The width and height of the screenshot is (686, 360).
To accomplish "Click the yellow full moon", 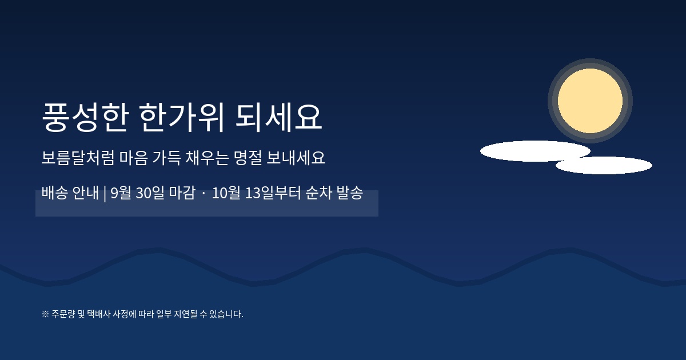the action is click(590, 101).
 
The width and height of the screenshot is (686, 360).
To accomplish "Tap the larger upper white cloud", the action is click(535, 151).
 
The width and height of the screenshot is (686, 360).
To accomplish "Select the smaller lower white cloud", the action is click(604, 165).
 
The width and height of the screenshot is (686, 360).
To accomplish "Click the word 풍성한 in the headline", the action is click(85, 117).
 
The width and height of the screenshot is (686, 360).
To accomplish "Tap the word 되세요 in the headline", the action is click(279, 117).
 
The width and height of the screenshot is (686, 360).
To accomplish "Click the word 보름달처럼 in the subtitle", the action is click(78, 158).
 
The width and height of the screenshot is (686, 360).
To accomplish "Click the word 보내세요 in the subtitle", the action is click(296, 158).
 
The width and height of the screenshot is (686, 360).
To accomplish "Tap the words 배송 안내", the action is click(70, 193).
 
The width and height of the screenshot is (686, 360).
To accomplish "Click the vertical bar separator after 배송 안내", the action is click(105, 194).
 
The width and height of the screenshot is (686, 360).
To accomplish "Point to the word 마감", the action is click(182, 193).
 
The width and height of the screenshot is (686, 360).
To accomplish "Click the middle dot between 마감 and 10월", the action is click(204, 193).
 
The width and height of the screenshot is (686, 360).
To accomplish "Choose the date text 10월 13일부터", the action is click(256, 193).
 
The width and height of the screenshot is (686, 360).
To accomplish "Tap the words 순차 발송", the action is click(334, 193).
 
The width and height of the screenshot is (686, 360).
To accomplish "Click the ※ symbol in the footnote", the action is click(45, 314).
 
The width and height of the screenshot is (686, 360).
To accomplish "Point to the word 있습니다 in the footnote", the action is click(226, 314).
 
